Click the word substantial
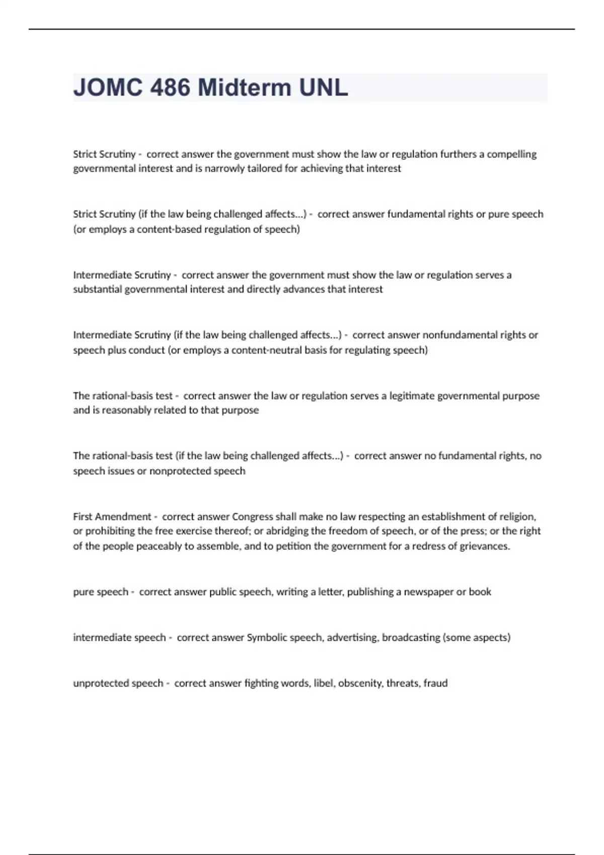coord(98,289)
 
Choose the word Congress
coord(252,517)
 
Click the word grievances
coord(484,546)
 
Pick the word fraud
coord(435,683)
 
